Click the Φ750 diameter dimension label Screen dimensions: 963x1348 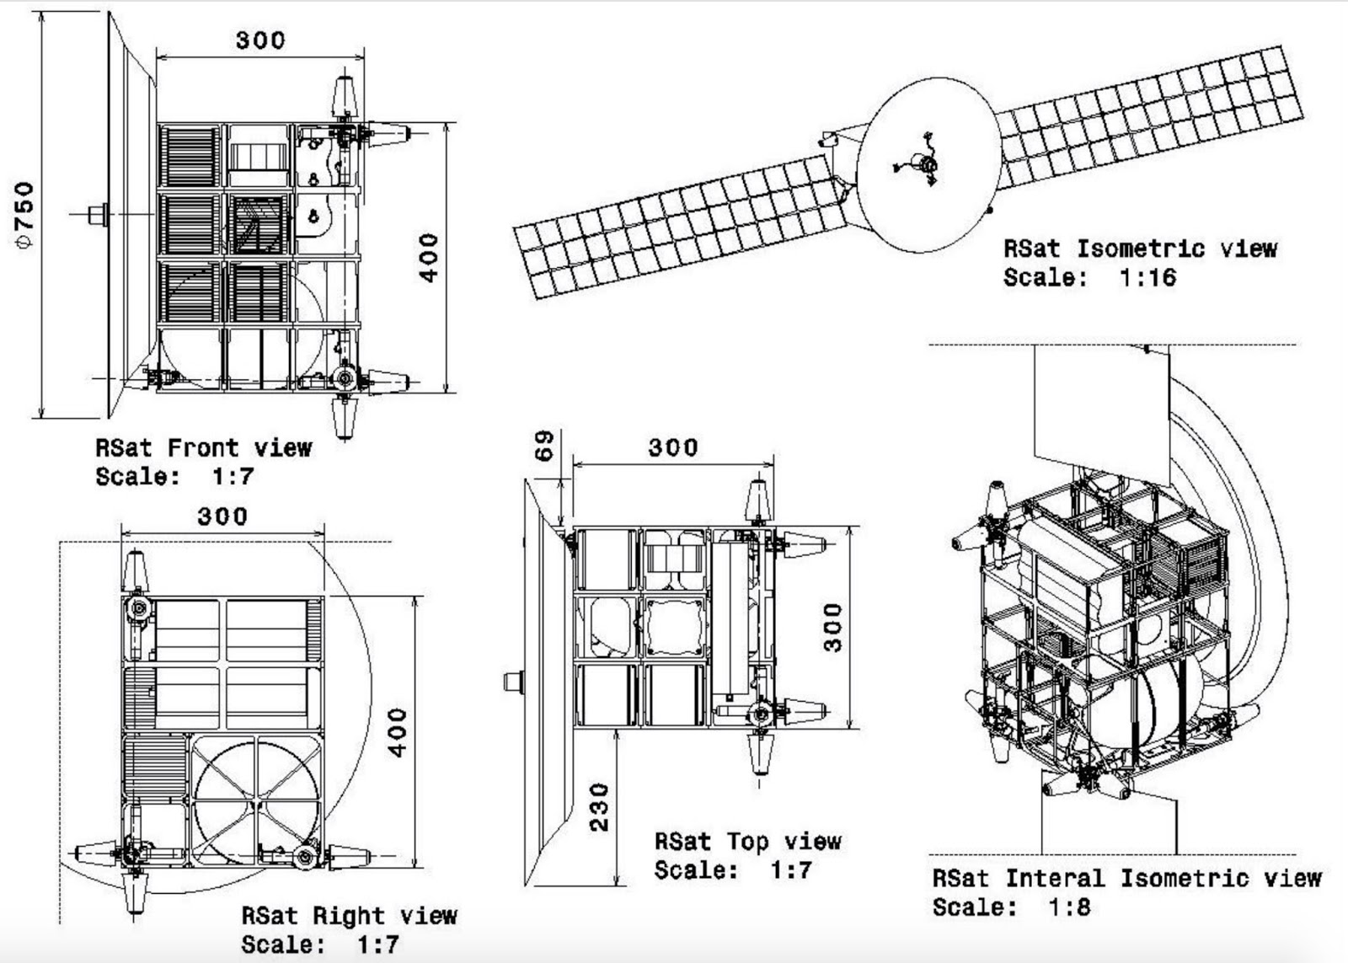point(26,215)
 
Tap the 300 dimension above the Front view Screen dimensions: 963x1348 point(259,40)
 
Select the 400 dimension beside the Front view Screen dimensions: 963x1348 point(429,258)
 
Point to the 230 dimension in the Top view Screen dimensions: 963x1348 point(598,807)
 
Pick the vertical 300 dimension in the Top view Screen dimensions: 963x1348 point(832,627)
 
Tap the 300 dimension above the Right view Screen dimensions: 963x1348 point(222,516)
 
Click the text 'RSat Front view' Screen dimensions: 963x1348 point(203,447)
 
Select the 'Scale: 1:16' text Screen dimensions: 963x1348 point(1089,277)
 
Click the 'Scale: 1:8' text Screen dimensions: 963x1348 point(1010,907)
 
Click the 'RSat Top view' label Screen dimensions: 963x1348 point(747,841)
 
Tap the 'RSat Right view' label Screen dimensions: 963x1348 point(348,915)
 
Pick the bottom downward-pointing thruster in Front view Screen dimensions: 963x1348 point(344,416)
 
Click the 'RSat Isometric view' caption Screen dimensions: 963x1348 point(1140,249)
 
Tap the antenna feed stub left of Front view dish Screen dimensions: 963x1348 point(99,214)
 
